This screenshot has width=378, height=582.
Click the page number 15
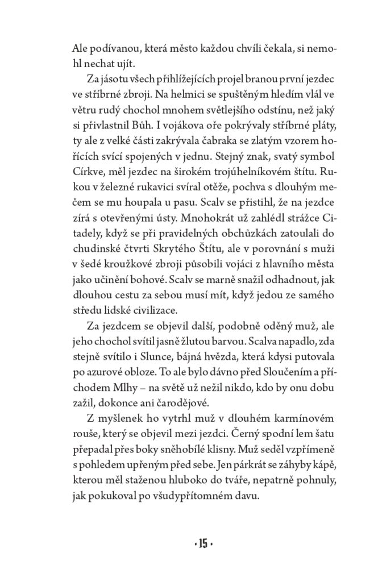(202, 544)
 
